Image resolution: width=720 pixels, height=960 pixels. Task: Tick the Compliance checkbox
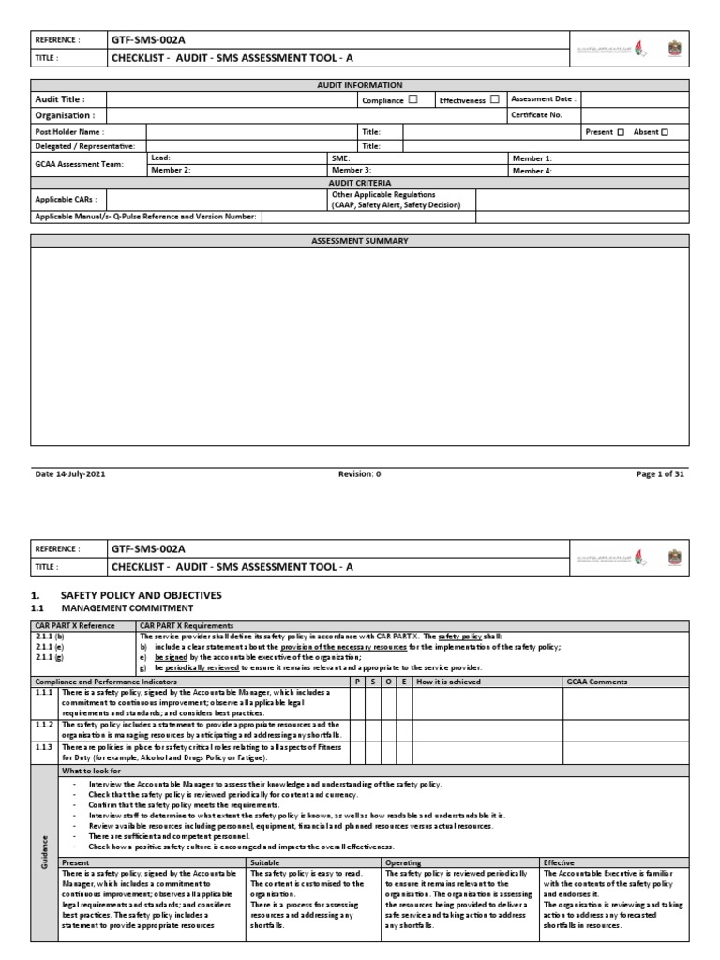[413, 99]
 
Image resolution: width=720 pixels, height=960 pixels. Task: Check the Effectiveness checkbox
[494, 99]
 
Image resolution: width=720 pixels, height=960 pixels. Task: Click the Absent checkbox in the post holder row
[665, 132]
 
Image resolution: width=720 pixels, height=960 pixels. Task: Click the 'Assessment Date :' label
[543, 98]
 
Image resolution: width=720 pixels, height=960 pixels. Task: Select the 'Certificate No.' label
[536, 115]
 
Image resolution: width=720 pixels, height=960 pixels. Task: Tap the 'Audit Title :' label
[60, 99]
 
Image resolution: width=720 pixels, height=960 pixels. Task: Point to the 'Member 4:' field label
[532, 171]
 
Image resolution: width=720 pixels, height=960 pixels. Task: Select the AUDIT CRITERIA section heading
[360, 183]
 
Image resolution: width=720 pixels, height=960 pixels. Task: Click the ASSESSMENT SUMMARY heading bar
[360, 241]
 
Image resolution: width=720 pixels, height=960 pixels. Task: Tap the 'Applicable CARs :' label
[66, 199]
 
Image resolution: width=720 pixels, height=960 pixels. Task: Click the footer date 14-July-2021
[70, 474]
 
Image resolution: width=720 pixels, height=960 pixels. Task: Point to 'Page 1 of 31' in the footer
[660, 474]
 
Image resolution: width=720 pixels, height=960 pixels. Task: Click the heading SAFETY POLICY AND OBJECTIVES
[141, 595]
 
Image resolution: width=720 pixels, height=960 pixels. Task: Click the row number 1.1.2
[45, 725]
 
